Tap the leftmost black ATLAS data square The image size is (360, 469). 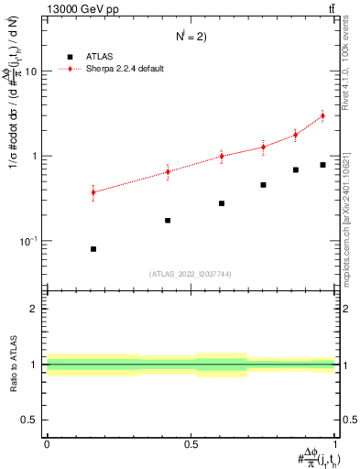(x=93, y=249)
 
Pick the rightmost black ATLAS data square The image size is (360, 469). (x=322, y=165)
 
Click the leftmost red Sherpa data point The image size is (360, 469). (x=93, y=191)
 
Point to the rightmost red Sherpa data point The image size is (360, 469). (x=322, y=116)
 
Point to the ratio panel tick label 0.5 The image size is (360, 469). (x=31, y=420)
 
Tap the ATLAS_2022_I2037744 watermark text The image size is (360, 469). (x=191, y=274)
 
